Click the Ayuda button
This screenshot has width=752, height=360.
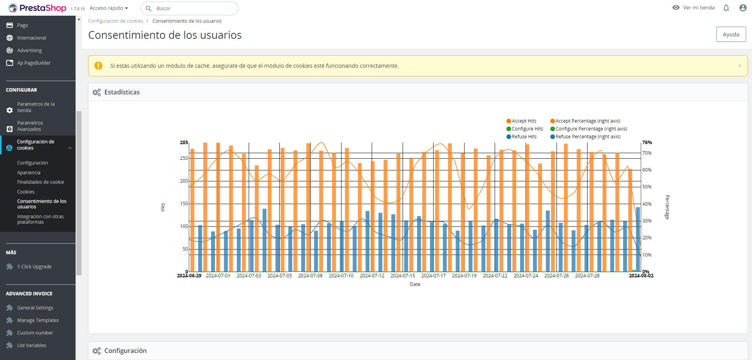[x=731, y=34]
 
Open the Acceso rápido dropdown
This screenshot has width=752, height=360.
[x=109, y=8]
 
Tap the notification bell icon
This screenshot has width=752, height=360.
[x=726, y=8]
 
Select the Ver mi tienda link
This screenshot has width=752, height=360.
[x=694, y=8]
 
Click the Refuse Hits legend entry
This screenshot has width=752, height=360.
[x=522, y=137]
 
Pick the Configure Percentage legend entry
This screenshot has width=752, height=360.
[x=589, y=129]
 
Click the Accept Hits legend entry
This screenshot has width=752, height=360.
[x=521, y=121]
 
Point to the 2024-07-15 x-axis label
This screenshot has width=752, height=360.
[x=403, y=276]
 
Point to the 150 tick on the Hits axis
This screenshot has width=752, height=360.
[x=184, y=204]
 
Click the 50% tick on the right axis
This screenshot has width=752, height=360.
[x=647, y=187]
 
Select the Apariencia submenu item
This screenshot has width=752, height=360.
[x=29, y=173]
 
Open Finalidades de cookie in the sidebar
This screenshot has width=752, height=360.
[x=41, y=182]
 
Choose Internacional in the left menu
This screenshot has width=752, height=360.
[x=31, y=38]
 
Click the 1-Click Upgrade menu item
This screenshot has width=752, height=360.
[x=34, y=267]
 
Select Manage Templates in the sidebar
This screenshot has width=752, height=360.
[x=38, y=320]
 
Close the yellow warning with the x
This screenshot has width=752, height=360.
[x=740, y=66]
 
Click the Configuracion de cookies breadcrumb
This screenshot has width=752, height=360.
[x=116, y=21]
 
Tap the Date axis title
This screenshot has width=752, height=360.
[x=415, y=284]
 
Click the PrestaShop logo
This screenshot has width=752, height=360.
[x=37, y=8]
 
